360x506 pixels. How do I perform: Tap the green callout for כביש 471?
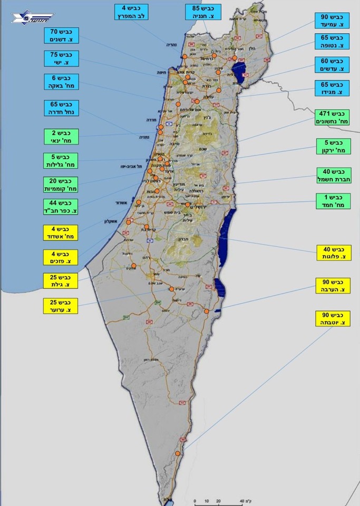pyautogui.click(x=333, y=117)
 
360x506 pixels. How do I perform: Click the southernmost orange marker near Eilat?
pyautogui.click(x=178, y=453)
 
